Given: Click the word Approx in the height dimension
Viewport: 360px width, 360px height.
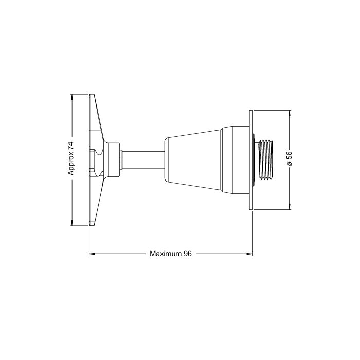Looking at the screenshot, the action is click(71, 163).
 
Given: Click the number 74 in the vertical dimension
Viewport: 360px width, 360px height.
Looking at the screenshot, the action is click(71, 146).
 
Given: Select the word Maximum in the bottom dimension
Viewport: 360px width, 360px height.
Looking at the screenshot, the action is click(165, 254).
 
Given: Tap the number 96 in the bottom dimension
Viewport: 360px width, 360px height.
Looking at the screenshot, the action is click(187, 254).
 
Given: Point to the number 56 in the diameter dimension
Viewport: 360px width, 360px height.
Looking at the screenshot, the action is click(289, 155).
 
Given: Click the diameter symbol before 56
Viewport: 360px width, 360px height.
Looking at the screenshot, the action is click(290, 163).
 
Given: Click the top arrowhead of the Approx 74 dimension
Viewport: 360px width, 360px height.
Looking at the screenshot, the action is click(72, 97).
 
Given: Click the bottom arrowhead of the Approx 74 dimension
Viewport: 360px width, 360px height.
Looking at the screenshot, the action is click(72, 223).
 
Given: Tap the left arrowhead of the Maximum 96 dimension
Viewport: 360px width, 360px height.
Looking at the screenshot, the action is click(92, 254).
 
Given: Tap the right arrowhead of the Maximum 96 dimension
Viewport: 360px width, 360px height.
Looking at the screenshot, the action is click(249, 254).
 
